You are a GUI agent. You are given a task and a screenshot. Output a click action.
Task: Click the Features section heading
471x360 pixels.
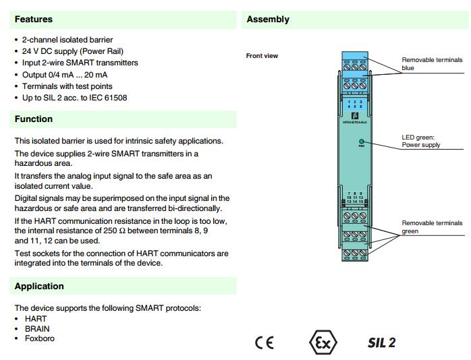point(34,20)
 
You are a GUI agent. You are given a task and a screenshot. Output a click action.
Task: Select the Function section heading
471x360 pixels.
point(34,119)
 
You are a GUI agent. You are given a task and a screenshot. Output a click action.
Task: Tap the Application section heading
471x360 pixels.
point(39,287)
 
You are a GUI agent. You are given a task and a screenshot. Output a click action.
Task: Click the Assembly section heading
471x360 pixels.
point(268,20)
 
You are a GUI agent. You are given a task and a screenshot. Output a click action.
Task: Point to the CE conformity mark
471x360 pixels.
point(265,342)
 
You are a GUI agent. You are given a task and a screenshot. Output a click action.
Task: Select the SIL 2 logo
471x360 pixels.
point(381,342)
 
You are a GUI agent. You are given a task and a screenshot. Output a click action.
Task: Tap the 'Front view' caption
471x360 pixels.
point(262,56)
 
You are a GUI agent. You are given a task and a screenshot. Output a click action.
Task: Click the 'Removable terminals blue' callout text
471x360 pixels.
point(432,63)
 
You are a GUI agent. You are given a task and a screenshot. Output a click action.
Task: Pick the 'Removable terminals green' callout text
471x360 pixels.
point(432,227)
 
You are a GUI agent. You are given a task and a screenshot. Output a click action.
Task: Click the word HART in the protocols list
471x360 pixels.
point(36,318)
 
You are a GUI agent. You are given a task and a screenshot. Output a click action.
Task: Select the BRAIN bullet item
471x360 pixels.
point(37,329)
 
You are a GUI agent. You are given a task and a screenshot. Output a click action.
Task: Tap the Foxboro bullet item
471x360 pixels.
point(40,338)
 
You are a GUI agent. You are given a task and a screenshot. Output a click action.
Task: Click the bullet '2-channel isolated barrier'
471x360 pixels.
point(67,40)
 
